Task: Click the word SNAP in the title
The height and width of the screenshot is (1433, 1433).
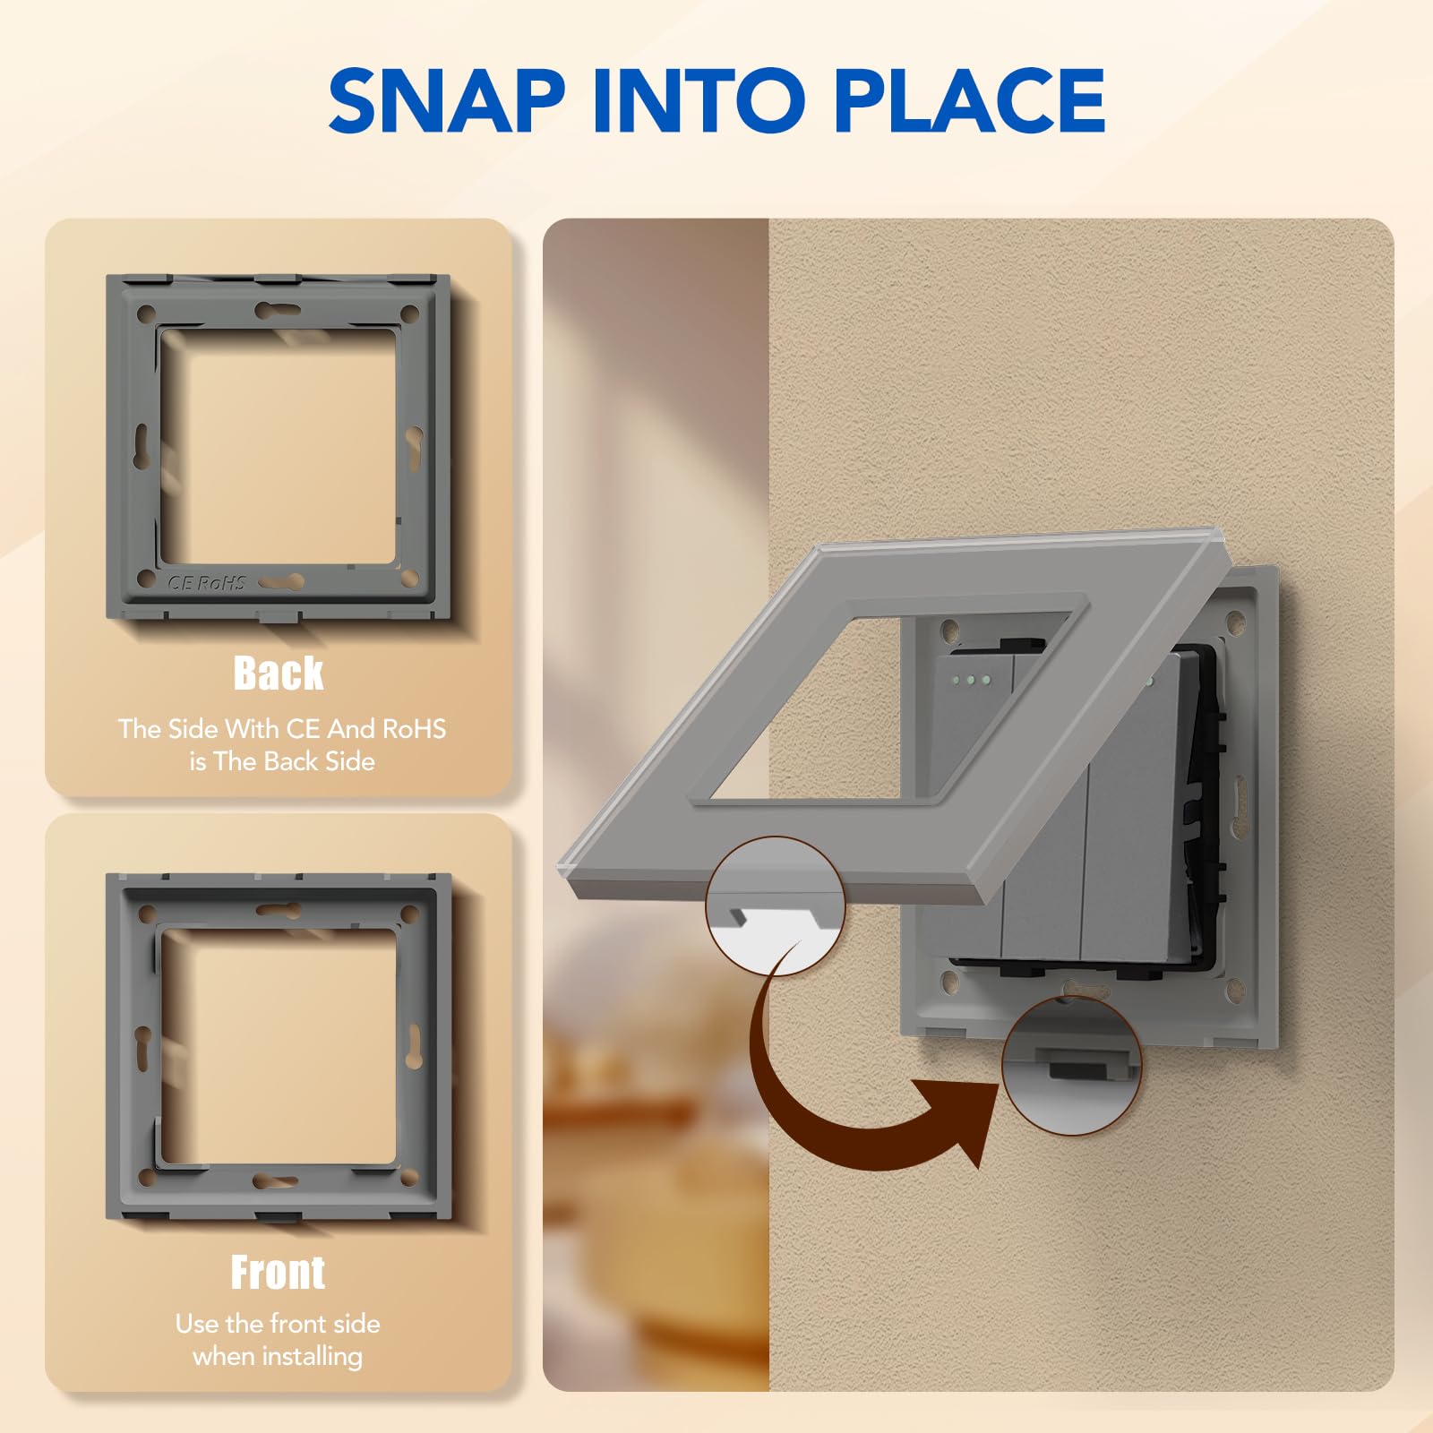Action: tap(447, 100)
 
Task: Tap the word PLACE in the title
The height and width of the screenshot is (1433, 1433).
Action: tap(970, 100)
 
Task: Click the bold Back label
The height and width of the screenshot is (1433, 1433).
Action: tap(279, 674)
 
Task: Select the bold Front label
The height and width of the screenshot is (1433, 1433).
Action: tap(278, 1272)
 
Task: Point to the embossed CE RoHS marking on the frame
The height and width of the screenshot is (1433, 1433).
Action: tap(207, 582)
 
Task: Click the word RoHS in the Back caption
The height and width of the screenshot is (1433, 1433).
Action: tap(414, 729)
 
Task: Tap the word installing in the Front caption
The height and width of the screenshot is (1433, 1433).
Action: tap(308, 1357)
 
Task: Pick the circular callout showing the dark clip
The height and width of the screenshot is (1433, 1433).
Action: tap(1071, 1066)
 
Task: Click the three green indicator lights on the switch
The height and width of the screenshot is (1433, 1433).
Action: tap(972, 681)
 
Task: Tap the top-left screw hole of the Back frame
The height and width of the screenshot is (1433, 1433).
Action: tap(145, 314)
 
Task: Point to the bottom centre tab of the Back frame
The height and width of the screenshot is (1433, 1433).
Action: tap(279, 616)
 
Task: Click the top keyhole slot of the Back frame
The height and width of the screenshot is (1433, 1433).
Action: tap(278, 311)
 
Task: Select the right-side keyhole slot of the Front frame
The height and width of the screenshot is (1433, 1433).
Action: tap(415, 1046)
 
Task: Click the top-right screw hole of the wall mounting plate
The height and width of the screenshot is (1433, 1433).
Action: tap(1236, 618)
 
